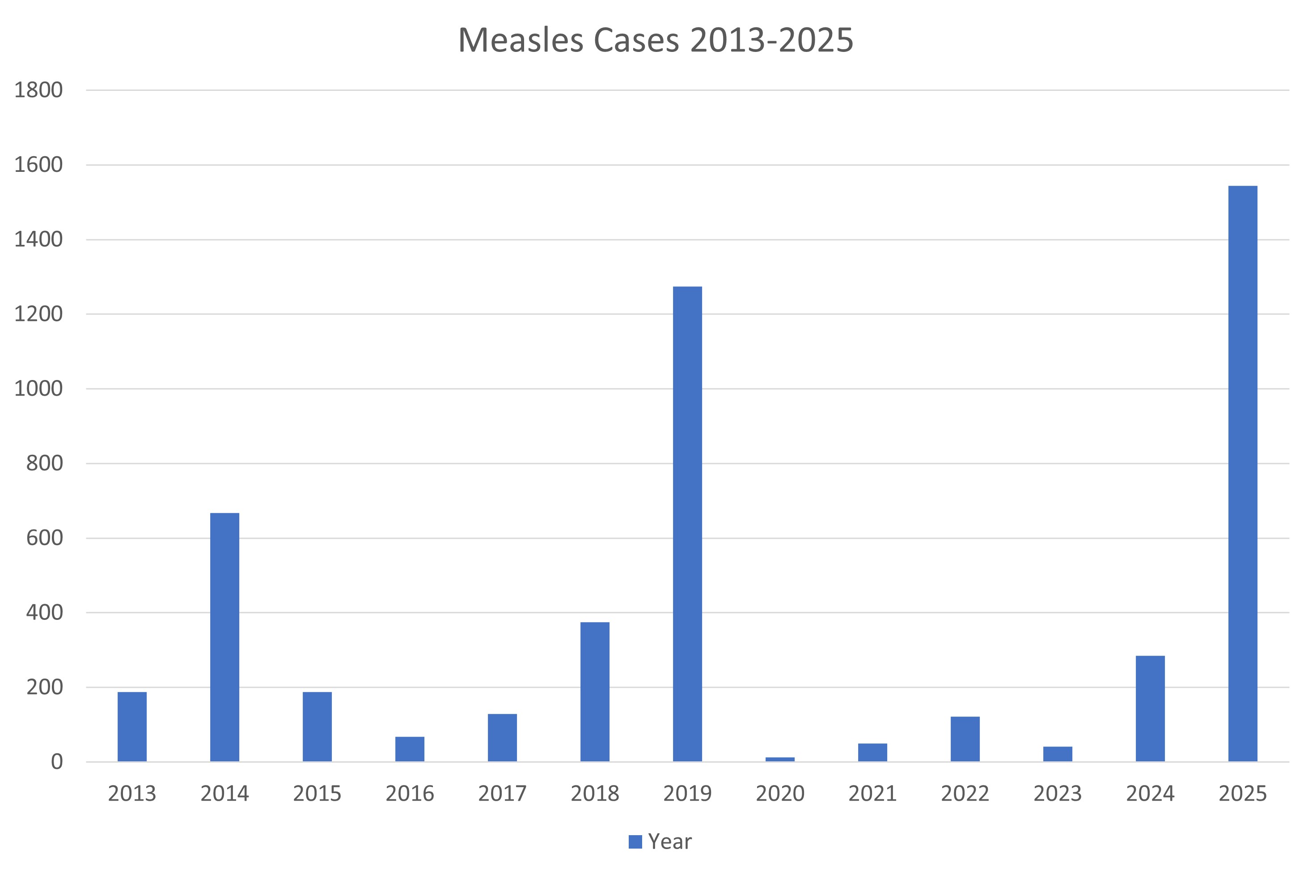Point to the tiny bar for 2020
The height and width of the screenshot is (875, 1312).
point(779,759)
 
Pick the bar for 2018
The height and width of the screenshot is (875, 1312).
point(594,691)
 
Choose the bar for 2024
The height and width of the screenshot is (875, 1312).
point(1150,708)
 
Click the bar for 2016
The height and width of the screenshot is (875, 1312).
point(409,749)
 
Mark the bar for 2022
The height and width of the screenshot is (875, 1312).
point(965,739)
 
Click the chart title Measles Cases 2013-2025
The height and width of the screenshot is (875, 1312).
point(655,40)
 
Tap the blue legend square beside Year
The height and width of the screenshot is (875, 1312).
point(635,841)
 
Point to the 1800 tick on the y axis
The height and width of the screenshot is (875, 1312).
point(38,90)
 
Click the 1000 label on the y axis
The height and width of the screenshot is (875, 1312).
point(38,388)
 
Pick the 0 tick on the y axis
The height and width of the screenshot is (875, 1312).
point(56,762)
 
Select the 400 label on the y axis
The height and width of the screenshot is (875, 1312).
point(44,612)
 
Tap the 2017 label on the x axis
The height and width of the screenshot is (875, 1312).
point(502,794)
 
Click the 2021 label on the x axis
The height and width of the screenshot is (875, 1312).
point(872,794)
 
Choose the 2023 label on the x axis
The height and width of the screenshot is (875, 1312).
point(1057,794)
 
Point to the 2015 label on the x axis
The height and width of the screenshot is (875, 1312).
point(317,794)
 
